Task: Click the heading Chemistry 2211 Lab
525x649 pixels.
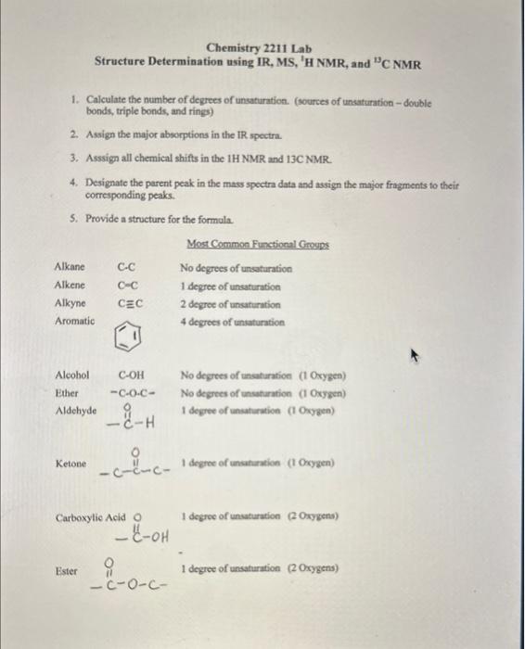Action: [x=259, y=48]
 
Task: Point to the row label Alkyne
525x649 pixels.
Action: [x=70, y=303]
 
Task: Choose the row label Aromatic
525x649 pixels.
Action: [x=74, y=321]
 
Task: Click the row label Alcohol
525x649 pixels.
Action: [x=72, y=375]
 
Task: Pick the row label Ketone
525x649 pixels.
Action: [x=71, y=463]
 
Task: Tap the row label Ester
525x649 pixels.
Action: [x=68, y=572]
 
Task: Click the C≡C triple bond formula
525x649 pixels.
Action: [x=129, y=303]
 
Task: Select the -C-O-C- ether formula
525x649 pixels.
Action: [x=131, y=393]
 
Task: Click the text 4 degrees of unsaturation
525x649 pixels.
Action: [x=233, y=322]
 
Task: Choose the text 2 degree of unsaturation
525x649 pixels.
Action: [x=231, y=304]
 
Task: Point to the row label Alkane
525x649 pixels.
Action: [x=70, y=268]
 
